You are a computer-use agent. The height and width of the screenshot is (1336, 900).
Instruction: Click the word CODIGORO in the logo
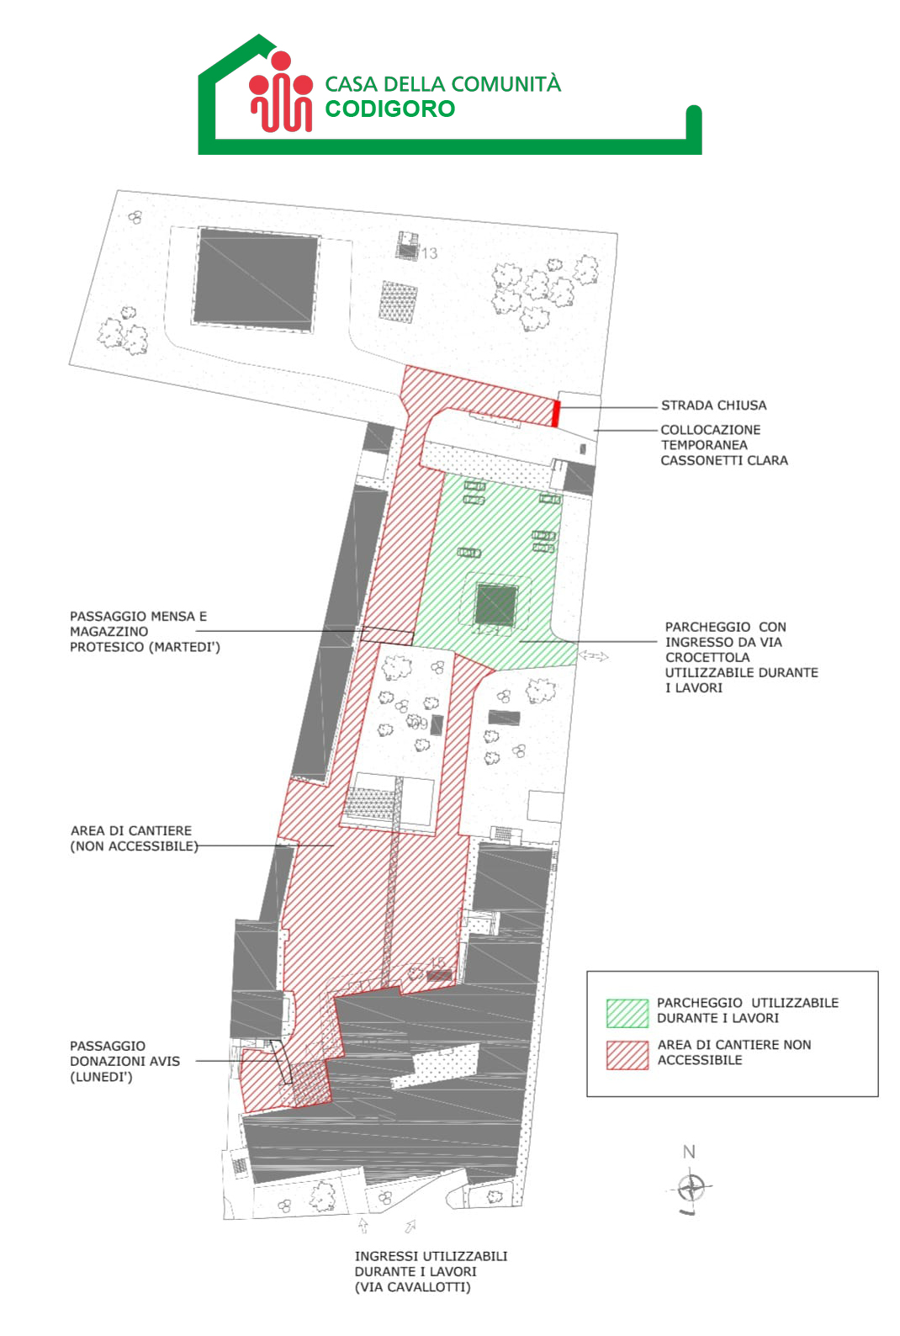[x=390, y=109]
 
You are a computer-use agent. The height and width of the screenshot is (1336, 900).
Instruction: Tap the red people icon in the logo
[x=281, y=92]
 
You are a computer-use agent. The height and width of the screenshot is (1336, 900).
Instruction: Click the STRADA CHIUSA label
[x=713, y=406]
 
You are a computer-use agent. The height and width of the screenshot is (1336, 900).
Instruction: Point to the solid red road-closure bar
[x=556, y=413]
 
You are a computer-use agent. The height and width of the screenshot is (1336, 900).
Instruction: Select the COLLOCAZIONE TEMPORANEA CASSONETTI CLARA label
[x=724, y=445]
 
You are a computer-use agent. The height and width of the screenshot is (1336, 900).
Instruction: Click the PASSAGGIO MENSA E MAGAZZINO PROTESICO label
[x=145, y=632]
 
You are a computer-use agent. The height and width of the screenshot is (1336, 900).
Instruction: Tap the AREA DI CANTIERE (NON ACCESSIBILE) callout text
[x=135, y=839]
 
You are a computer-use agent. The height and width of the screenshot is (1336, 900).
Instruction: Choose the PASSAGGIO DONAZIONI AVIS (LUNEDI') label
[x=124, y=1061]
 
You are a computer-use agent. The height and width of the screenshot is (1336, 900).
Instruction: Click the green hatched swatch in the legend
[x=627, y=1013]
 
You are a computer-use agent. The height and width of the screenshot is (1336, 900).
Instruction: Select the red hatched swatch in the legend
[x=627, y=1055]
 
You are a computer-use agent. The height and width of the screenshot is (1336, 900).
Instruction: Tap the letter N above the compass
[x=689, y=1152]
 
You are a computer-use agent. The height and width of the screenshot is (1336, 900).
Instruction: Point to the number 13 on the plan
[x=430, y=253]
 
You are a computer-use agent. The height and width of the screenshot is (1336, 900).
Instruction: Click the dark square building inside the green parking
[x=495, y=606]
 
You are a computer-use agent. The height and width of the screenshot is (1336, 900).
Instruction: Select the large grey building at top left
[x=256, y=279]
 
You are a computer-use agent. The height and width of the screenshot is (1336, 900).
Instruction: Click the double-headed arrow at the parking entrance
[x=594, y=656]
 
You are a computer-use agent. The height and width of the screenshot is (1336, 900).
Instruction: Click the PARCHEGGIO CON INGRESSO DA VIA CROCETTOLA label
[x=741, y=657]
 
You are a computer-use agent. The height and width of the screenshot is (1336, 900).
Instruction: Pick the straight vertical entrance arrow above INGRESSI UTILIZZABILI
[x=363, y=1225]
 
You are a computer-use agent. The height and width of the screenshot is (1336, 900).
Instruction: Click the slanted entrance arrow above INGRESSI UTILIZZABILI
[x=410, y=1226]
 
